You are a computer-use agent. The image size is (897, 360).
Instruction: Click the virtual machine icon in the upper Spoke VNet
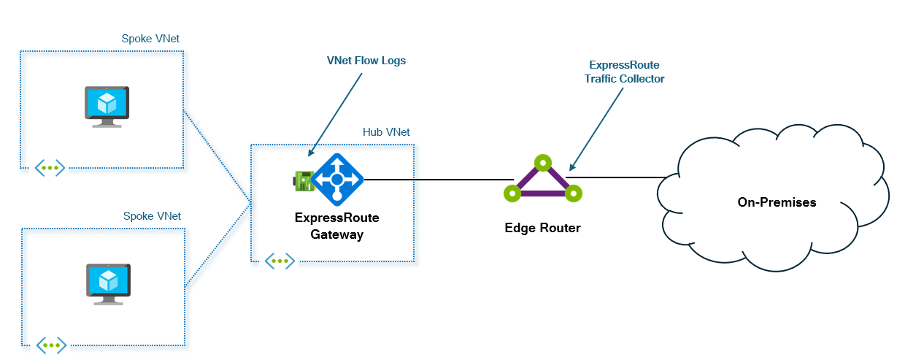107,107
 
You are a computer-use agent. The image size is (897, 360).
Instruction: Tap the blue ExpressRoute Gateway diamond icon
336,178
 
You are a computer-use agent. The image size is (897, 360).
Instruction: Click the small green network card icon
304,180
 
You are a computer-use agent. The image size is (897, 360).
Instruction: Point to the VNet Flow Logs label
366,61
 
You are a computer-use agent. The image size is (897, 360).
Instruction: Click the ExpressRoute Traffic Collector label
624,72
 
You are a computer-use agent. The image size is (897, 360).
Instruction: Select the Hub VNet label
386,132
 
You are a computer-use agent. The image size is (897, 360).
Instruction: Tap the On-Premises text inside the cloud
776,202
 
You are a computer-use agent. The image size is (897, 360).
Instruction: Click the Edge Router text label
542,228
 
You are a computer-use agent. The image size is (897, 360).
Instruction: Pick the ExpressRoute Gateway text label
336,226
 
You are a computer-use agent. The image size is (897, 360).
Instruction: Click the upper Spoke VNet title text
151,39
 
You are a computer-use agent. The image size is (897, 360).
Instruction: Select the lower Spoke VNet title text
151,216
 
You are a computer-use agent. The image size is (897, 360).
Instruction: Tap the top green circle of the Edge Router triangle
542,162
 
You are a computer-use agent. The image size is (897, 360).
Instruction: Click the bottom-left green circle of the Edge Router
512,194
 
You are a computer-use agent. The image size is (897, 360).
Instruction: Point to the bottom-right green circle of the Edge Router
574,194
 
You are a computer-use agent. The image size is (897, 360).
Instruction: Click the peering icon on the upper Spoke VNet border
50,168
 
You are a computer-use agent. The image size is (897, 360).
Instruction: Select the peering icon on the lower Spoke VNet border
51,345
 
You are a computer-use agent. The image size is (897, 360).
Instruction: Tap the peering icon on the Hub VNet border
280,260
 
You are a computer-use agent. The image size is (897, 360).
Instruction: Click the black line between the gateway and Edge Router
438,179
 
